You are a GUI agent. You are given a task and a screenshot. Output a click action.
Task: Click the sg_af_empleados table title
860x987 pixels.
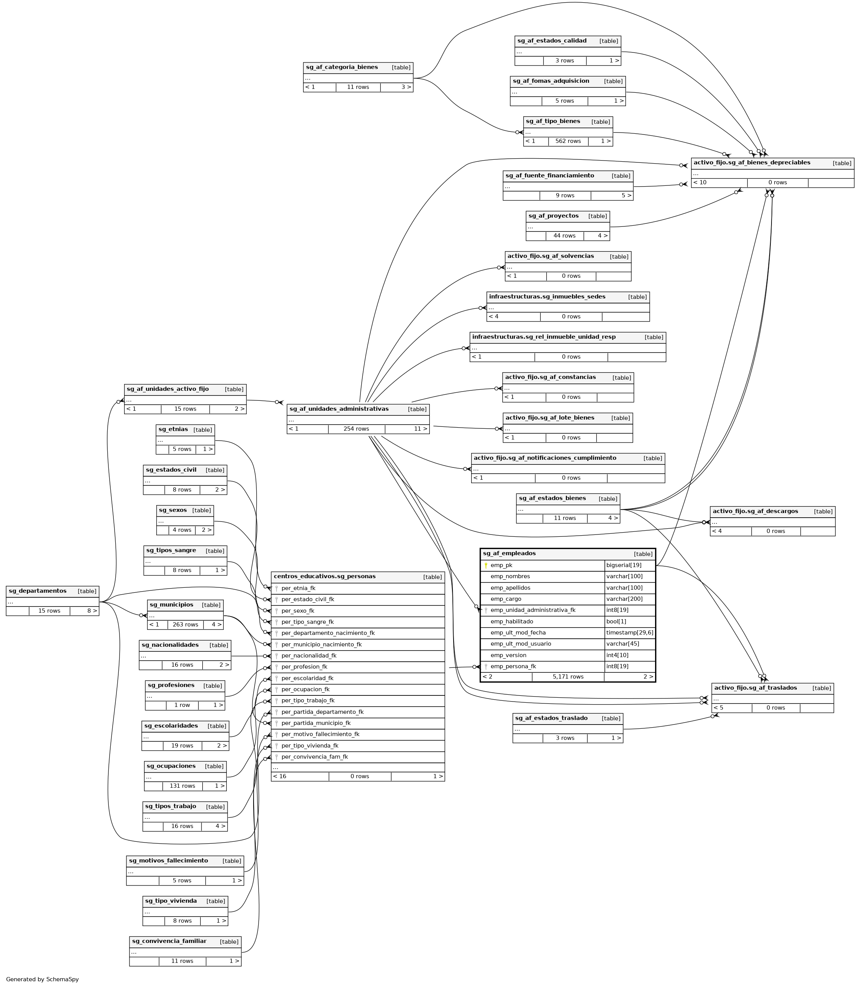[x=509, y=554]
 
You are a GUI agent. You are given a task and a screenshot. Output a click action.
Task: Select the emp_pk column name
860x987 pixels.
[x=501, y=565]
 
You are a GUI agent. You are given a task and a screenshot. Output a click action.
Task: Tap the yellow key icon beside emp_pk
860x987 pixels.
[x=486, y=566]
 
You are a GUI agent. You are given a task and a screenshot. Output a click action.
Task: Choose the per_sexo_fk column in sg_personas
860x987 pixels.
[x=298, y=611]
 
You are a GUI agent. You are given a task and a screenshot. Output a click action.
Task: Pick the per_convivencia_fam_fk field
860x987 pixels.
[x=315, y=757]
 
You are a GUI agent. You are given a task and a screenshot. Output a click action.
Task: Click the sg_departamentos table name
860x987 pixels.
[x=38, y=591]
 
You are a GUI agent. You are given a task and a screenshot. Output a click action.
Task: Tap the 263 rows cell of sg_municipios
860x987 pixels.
[x=185, y=625]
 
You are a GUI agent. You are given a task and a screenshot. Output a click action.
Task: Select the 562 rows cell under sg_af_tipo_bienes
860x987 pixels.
[x=568, y=141]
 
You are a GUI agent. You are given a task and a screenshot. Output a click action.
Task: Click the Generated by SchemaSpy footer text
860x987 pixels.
[x=42, y=979]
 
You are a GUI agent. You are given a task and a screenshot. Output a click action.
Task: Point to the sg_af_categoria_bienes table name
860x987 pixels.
[x=342, y=67]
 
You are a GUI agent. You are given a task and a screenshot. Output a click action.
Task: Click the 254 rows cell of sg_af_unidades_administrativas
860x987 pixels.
[x=356, y=429]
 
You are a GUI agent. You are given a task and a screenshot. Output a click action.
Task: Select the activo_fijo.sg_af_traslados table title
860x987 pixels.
[x=755, y=688]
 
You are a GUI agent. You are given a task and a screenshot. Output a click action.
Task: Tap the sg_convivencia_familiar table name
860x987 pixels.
[x=169, y=941]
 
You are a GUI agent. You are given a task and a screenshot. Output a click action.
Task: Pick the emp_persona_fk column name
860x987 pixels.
[x=513, y=666]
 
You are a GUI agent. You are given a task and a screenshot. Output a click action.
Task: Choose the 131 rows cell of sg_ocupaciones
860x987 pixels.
[x=182, y=786]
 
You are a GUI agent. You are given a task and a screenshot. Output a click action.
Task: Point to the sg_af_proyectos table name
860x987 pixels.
[x=553, y=216]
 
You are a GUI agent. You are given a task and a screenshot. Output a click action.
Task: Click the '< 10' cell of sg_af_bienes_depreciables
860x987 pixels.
[x=700, y=182]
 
